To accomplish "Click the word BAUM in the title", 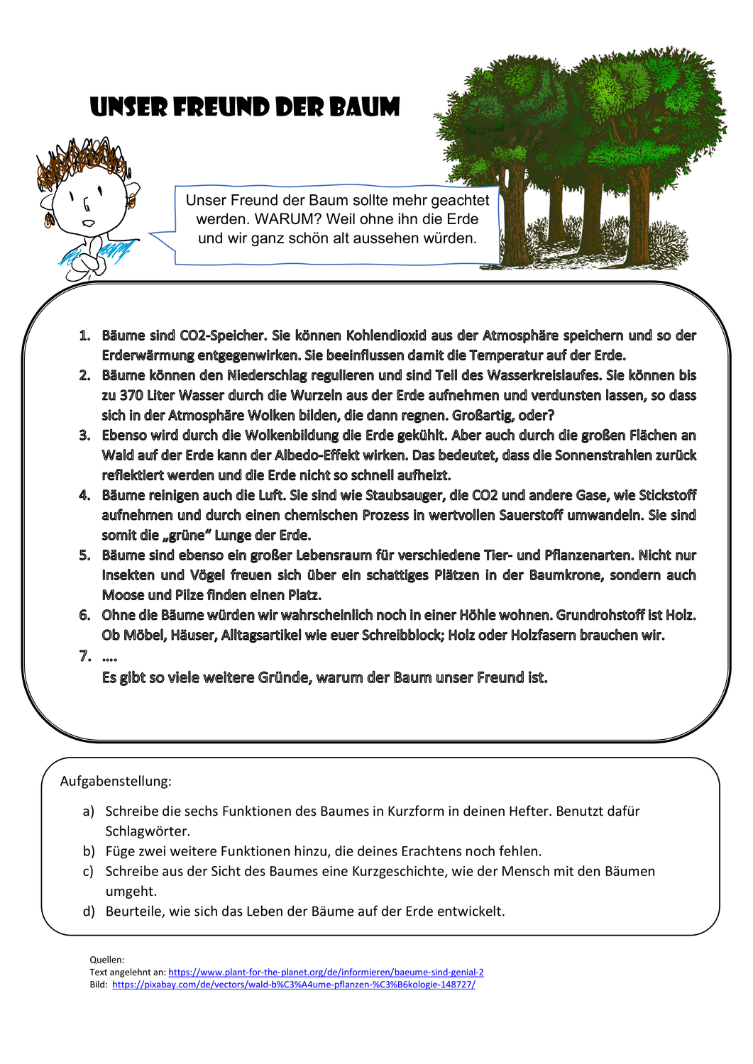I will click(363, 107).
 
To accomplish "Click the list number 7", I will click(85, 656).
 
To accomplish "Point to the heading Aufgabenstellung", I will click(116, 781).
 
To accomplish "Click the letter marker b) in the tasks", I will click(89, 851).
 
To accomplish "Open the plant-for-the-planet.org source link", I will click(326, 972).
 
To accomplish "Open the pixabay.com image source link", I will click(294, 985).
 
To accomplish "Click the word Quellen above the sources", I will click(106, 960).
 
